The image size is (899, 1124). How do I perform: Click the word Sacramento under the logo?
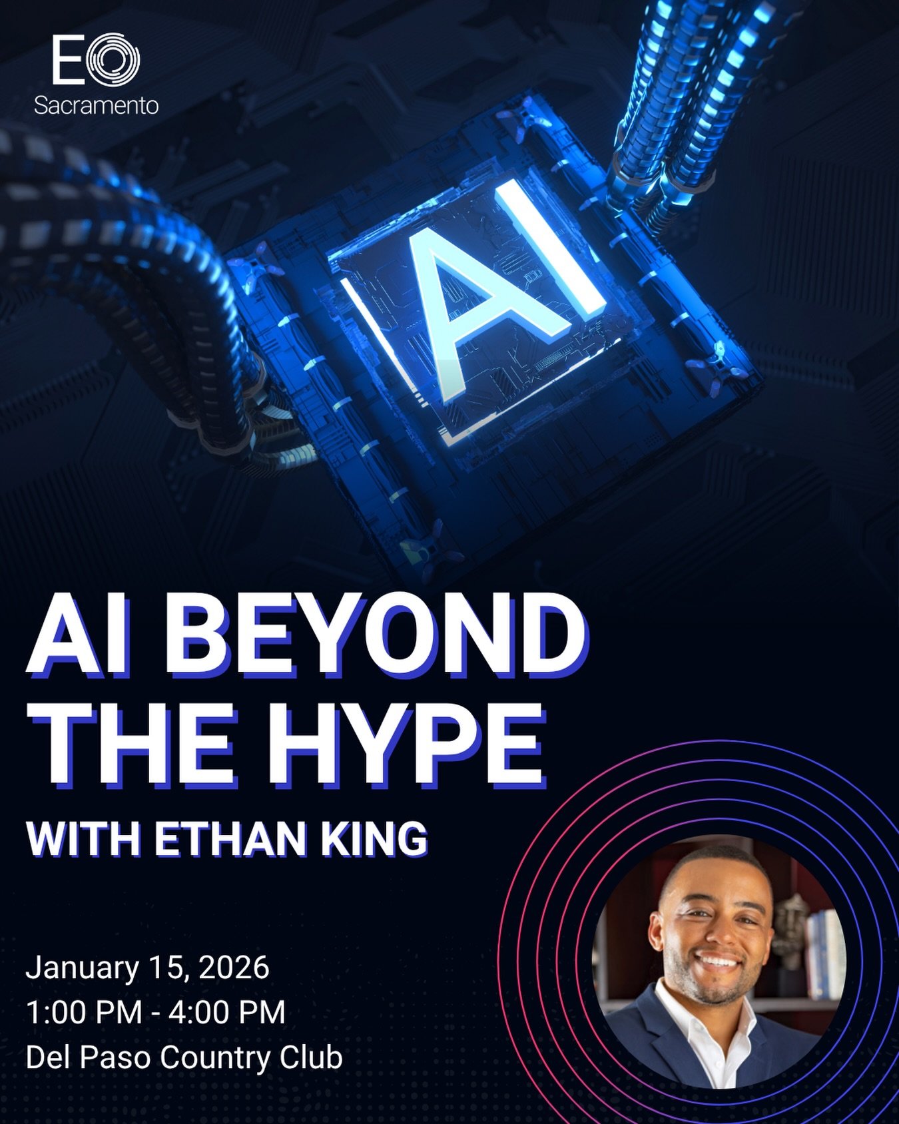point(96,105)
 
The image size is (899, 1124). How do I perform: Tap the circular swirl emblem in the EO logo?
point(113,60)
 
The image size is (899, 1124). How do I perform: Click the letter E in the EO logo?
point(68,61)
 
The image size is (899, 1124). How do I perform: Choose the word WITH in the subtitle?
point(83,839)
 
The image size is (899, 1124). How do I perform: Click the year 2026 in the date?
point(234,968)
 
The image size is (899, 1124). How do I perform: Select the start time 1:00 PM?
point(84,1012)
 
